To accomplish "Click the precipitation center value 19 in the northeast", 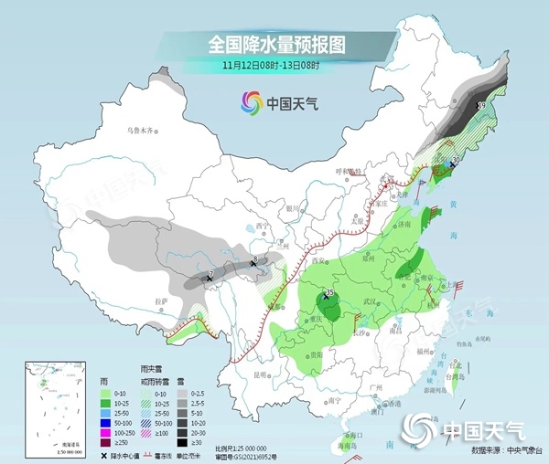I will coord(481,107).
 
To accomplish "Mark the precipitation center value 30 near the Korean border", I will coord(457,160).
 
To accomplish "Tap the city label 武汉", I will coord(371,301).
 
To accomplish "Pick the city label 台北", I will coord(450,359).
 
